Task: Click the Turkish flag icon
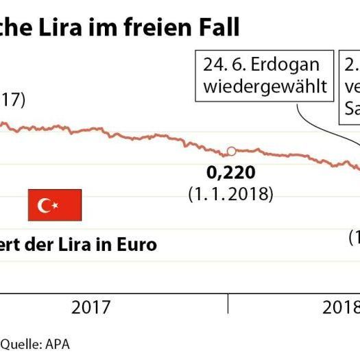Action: tap(55, 205)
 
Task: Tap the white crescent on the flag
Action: tap(47, 205)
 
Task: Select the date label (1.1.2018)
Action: tap(230, 194)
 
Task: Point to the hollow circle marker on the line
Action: tap(231, 151)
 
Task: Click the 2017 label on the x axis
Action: tap(91, 307)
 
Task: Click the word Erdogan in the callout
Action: tap(287, 65)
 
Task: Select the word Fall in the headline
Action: tap(217, 28)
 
